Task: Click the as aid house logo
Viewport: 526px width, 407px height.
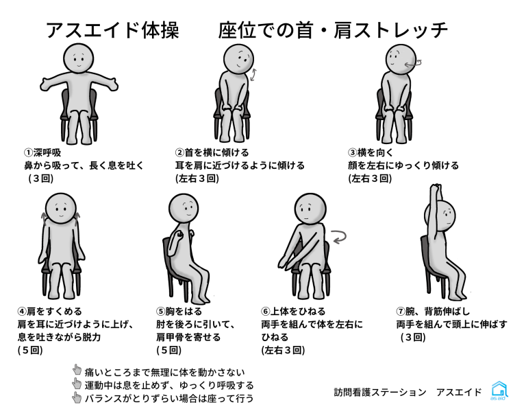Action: tap(499, 391)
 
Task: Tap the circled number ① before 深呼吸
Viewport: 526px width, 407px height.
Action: tap(28, 153)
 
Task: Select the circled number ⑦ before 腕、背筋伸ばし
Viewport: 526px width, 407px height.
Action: tap(401, 312)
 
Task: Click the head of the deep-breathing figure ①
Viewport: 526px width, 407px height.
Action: tap(79, 58)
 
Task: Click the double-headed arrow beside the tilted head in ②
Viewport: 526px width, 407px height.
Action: tap(253, 75)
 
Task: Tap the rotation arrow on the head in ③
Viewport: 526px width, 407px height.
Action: tap(413, 64)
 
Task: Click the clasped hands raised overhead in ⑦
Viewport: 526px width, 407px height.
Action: tap(437, 188)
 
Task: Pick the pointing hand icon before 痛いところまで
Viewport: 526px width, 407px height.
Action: tap(77, 370)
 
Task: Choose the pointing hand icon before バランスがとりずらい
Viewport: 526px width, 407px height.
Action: tap(77, 397)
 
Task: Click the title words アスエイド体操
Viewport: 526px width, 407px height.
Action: tap(112, 30)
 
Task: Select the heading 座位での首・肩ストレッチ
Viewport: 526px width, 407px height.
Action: tap(332, 30)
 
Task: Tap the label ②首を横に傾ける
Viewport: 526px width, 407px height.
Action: tap(212, 153)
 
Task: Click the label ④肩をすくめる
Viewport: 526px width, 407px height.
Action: tap(49, 312)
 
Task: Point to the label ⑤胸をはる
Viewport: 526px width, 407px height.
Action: tap(179, 312)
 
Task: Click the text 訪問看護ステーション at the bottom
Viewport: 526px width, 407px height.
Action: tap(379, 392)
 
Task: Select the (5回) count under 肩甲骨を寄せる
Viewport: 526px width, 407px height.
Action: tap(168, 350)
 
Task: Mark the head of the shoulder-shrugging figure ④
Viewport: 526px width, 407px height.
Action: tap(61, 209)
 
